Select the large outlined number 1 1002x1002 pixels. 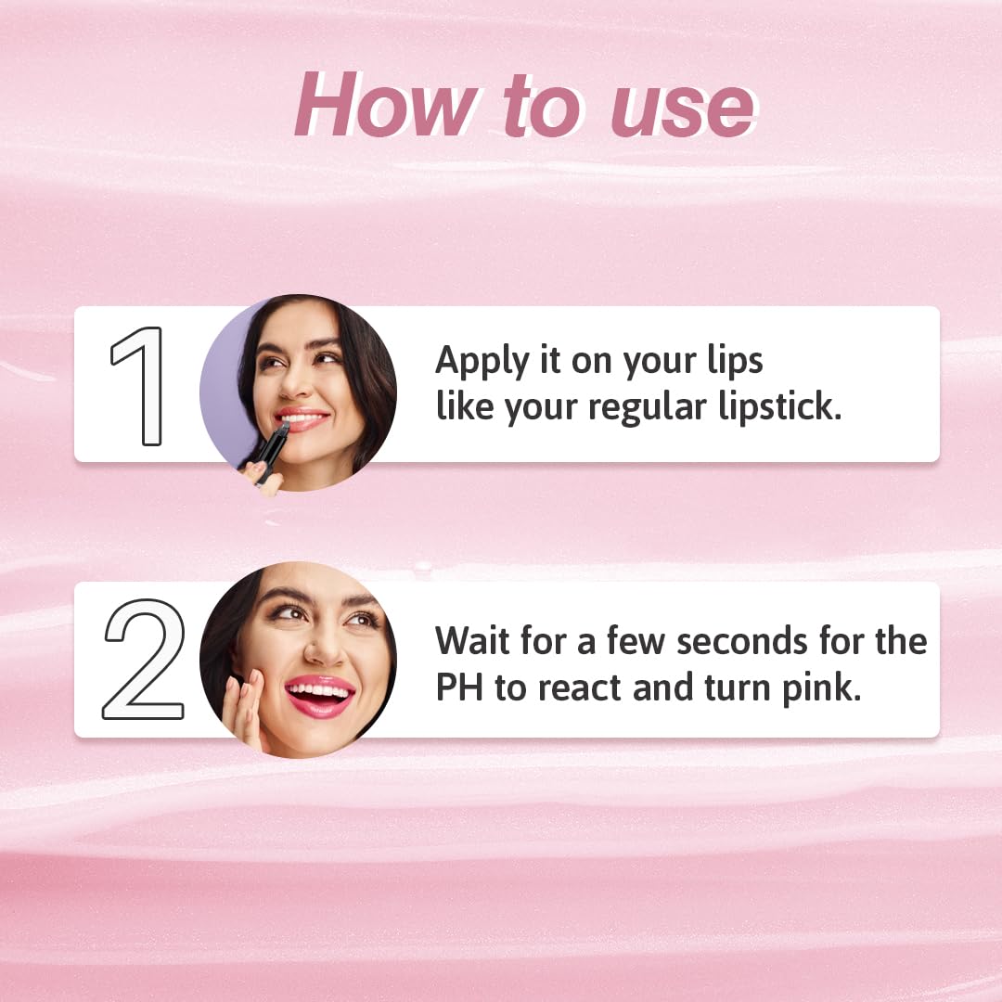[x=139, y=386]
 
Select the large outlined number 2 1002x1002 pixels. [x=144, y=659]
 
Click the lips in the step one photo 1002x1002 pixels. [x=300, y=418]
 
